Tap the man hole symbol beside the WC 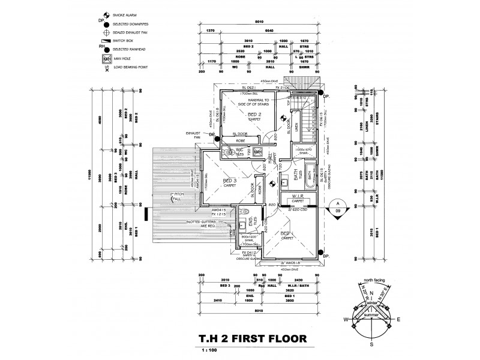(x=258, y=152)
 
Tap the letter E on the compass (x=399, y=320)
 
